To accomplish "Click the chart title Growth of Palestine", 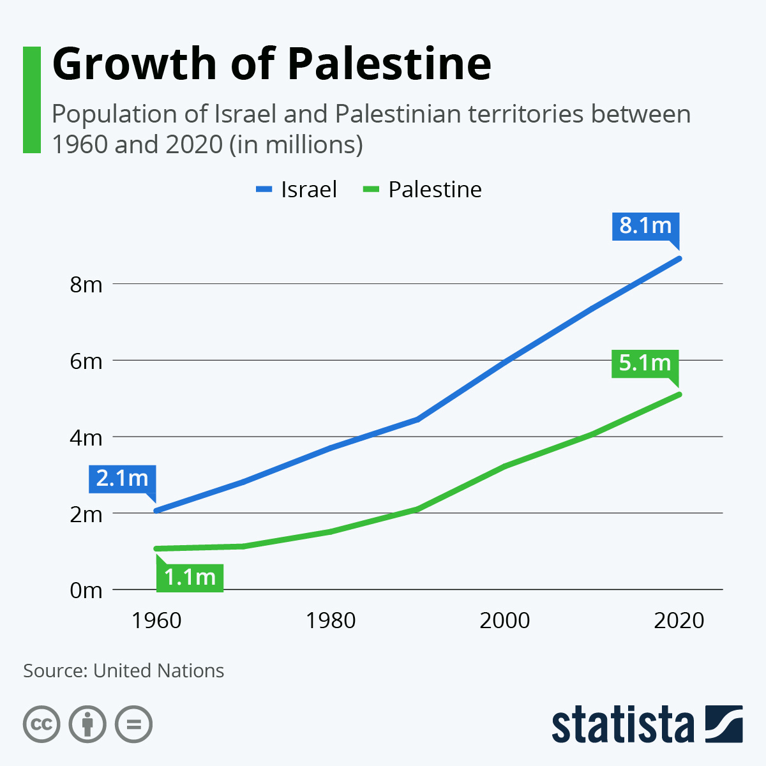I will tap(271, 64).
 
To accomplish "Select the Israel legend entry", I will tap(296, 190).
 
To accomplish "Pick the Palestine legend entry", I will tap(422, 190).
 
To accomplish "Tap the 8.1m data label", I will tap(645, 226).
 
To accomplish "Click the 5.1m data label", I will tap(645, 363).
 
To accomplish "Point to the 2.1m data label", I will tap(122, 478).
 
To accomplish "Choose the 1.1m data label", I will tap(190, 577).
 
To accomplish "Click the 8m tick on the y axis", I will tap(86, 284).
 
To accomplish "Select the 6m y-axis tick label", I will tap(86, 361).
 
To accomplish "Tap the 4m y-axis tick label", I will tap(86, 437).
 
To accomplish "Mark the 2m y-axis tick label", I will tap(86, 514).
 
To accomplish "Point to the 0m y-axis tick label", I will tap(86, 590).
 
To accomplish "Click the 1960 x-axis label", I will tap(156, 620).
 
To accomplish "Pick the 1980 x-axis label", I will tap(331, 620).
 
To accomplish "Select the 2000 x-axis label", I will tap(505, 620).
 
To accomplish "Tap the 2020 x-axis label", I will tap(679, 620).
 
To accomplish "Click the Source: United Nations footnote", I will tap(124, 671).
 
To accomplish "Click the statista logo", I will tap(647, 725).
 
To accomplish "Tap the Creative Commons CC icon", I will tap(41, 725).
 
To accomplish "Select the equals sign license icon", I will tap(134, 725).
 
